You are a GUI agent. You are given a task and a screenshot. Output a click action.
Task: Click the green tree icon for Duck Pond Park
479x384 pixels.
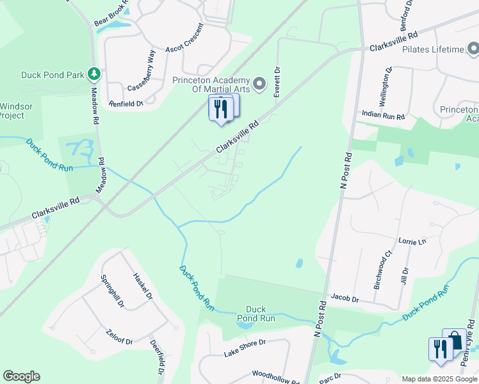pyautogui.click(x=94, y=74)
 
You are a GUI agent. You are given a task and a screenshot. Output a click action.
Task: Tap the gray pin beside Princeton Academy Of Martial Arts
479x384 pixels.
pyautogui.click(x=259, y=84)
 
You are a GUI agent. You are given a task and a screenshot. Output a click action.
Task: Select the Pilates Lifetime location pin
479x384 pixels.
pyautogui.click(x=473, y=49)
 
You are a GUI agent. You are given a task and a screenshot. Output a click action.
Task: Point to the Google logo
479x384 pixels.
pyautogui.click(x=21, y=376)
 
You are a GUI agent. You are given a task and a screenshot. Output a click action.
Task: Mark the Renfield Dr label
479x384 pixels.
pyautogui.click(x=126, y=103)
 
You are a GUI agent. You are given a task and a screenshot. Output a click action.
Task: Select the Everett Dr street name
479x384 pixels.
pyautogui.click(x=277, y=82)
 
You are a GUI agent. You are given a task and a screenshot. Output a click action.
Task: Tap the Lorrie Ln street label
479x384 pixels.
pyautogui.click(x=412, y=242)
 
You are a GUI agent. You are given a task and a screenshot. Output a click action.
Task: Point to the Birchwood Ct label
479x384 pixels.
pyautogui.click(x=382, y=271)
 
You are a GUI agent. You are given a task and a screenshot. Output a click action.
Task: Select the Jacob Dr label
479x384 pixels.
pyautogui.click(x=345, y=298)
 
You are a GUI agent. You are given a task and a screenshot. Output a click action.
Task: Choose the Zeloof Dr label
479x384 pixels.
pyautogui.click(x=119, y=337)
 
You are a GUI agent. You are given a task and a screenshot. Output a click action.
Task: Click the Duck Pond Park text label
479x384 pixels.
pyautogui.click(x=53, y=75)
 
